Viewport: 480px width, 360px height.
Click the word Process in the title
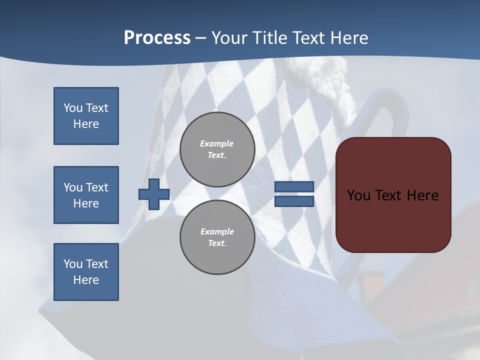(x=157, y=38)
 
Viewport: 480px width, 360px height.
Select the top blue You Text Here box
(x=86, y=116)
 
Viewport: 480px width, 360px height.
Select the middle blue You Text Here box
(x=86, y=195)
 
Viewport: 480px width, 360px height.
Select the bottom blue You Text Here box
(x=86, y=272)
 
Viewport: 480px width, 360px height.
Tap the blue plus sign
(x=154, y=194)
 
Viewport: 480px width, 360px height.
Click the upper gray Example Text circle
(x=217, y=149)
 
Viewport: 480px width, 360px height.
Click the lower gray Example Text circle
(x=217, y=237)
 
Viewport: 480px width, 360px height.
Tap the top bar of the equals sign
(x=294, y=187)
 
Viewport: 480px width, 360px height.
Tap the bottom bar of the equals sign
(x=294, y=201)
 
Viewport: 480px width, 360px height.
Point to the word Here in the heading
(x=348, y=38)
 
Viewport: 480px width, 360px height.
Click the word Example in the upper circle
(x=216, y=143)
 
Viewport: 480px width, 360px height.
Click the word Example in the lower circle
(x=217, y=231)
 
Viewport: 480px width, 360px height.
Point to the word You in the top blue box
(x=72, y=108)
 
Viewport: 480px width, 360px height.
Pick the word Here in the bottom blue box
(x=86, y=280)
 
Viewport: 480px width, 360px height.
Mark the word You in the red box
(x=358, y=195)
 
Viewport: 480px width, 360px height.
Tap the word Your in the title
(x=230, y=38)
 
